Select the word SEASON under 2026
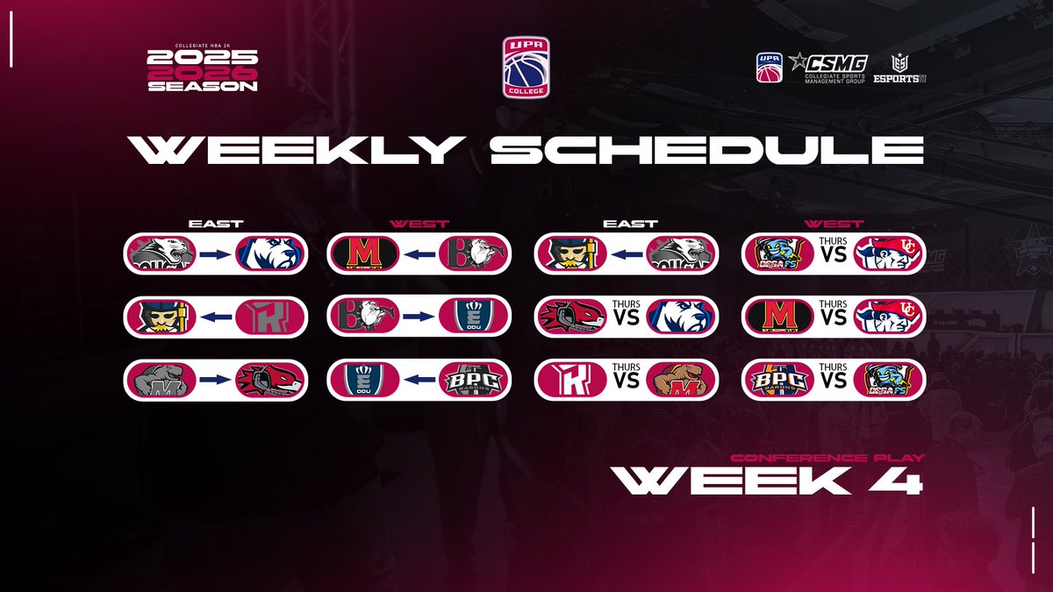pyautogui.click(x=203, y=87)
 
